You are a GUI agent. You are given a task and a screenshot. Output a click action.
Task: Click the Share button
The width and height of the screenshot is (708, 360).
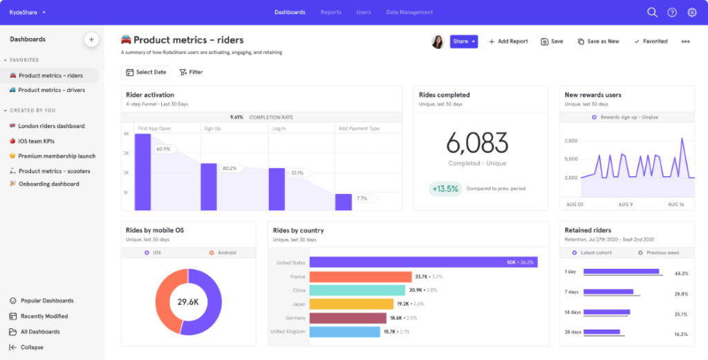[x=463, y=41]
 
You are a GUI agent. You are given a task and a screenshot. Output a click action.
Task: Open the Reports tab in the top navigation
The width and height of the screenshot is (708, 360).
[x=330, y=12]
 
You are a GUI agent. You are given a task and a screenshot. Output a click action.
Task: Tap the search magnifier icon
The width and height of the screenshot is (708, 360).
[x=652, y=12]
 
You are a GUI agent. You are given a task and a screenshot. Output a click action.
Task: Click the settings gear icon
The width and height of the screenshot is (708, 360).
[x=691, y=12]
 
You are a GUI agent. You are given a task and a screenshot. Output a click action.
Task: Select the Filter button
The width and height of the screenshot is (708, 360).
[x=191, y=72]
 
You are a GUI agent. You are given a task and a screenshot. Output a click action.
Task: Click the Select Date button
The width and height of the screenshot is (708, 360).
[x=146, y=72]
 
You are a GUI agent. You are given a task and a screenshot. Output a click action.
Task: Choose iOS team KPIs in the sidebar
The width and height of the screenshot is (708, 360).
[x=41, y=141]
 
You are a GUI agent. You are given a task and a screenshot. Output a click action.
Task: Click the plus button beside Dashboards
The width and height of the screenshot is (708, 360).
[x=91, y=39]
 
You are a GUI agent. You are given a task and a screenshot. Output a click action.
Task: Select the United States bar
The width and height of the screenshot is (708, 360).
[x=423, y=263]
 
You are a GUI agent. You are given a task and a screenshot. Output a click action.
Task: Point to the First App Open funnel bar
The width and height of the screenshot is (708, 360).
[x=142, y=171]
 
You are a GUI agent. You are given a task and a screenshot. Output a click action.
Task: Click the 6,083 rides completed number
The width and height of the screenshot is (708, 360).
[x=477, y=143]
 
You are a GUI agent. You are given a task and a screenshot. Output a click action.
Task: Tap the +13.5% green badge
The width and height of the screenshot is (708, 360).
[x=445, y=189]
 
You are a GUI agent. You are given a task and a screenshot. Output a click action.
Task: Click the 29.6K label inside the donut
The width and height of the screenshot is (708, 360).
[x=188, y=302]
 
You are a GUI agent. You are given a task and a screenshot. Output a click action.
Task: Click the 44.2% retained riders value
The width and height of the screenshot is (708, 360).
[x=680, y=274]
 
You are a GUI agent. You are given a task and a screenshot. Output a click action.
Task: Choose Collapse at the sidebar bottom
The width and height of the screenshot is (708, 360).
[x=31, y=347]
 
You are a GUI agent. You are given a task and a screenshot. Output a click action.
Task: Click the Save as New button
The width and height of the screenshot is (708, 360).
[x=598, y=41]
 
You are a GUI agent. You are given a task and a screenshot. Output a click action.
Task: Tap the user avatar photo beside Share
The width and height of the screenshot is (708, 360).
[x=437, y=41]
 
